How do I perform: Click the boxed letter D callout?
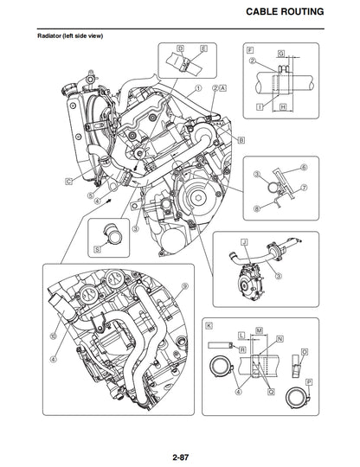[x=179, y=48]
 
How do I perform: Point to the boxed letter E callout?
[x=202, y=48]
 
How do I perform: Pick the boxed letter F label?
[x=250, y=49]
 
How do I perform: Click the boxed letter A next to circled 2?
[x=223, y=88]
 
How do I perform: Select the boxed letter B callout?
[x=241, y=139]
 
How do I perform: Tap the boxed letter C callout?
[x=67, y=182]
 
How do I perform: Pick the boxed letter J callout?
[x=245, y=241]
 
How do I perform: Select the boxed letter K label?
[x=209, y=325]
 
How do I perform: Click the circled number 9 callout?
[x=184, y=286]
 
